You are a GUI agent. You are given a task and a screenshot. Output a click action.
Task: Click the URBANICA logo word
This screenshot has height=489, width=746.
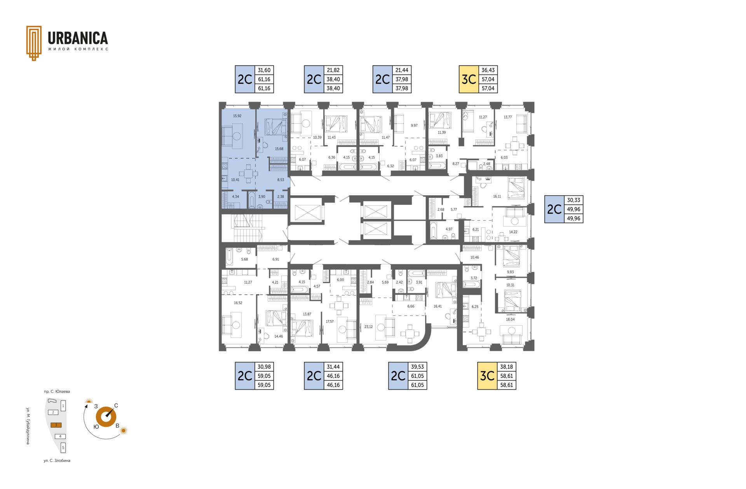78,38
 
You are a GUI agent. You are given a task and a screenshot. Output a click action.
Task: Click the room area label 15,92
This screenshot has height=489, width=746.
237,116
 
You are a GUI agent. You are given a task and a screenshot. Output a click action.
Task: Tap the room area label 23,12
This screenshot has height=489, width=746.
368,327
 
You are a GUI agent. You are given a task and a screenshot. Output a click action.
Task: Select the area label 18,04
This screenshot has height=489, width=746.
510,319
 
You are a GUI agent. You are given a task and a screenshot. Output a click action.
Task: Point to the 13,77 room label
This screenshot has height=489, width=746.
508,117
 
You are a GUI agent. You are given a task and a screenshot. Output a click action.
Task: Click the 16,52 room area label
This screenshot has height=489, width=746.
238,303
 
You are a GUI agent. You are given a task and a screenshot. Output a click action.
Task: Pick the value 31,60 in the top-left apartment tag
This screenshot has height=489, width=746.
264,70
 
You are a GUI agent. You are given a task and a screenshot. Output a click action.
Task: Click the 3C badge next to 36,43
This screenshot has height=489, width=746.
469,80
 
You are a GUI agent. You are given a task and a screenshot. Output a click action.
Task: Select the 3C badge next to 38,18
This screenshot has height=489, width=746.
487,376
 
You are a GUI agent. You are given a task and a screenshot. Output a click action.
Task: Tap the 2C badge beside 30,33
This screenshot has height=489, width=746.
554,210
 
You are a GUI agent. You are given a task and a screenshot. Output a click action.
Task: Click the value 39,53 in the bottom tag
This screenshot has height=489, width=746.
417,367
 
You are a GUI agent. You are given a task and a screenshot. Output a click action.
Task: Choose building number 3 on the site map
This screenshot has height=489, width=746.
56,425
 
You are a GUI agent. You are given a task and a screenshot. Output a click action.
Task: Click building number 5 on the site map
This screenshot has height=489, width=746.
63,447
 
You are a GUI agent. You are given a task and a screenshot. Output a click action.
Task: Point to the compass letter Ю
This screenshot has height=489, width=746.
96,427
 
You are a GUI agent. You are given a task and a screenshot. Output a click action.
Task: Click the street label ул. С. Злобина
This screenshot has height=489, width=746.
57,461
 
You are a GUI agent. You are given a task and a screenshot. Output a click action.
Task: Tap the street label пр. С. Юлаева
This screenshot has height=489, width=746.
57,392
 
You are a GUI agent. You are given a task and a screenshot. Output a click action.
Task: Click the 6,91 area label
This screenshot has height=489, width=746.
275,259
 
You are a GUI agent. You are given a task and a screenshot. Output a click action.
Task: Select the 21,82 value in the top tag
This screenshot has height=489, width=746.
333,70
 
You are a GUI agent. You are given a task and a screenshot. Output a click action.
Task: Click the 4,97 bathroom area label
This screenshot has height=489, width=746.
449,229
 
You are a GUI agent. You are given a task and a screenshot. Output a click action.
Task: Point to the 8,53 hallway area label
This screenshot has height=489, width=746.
281,180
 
